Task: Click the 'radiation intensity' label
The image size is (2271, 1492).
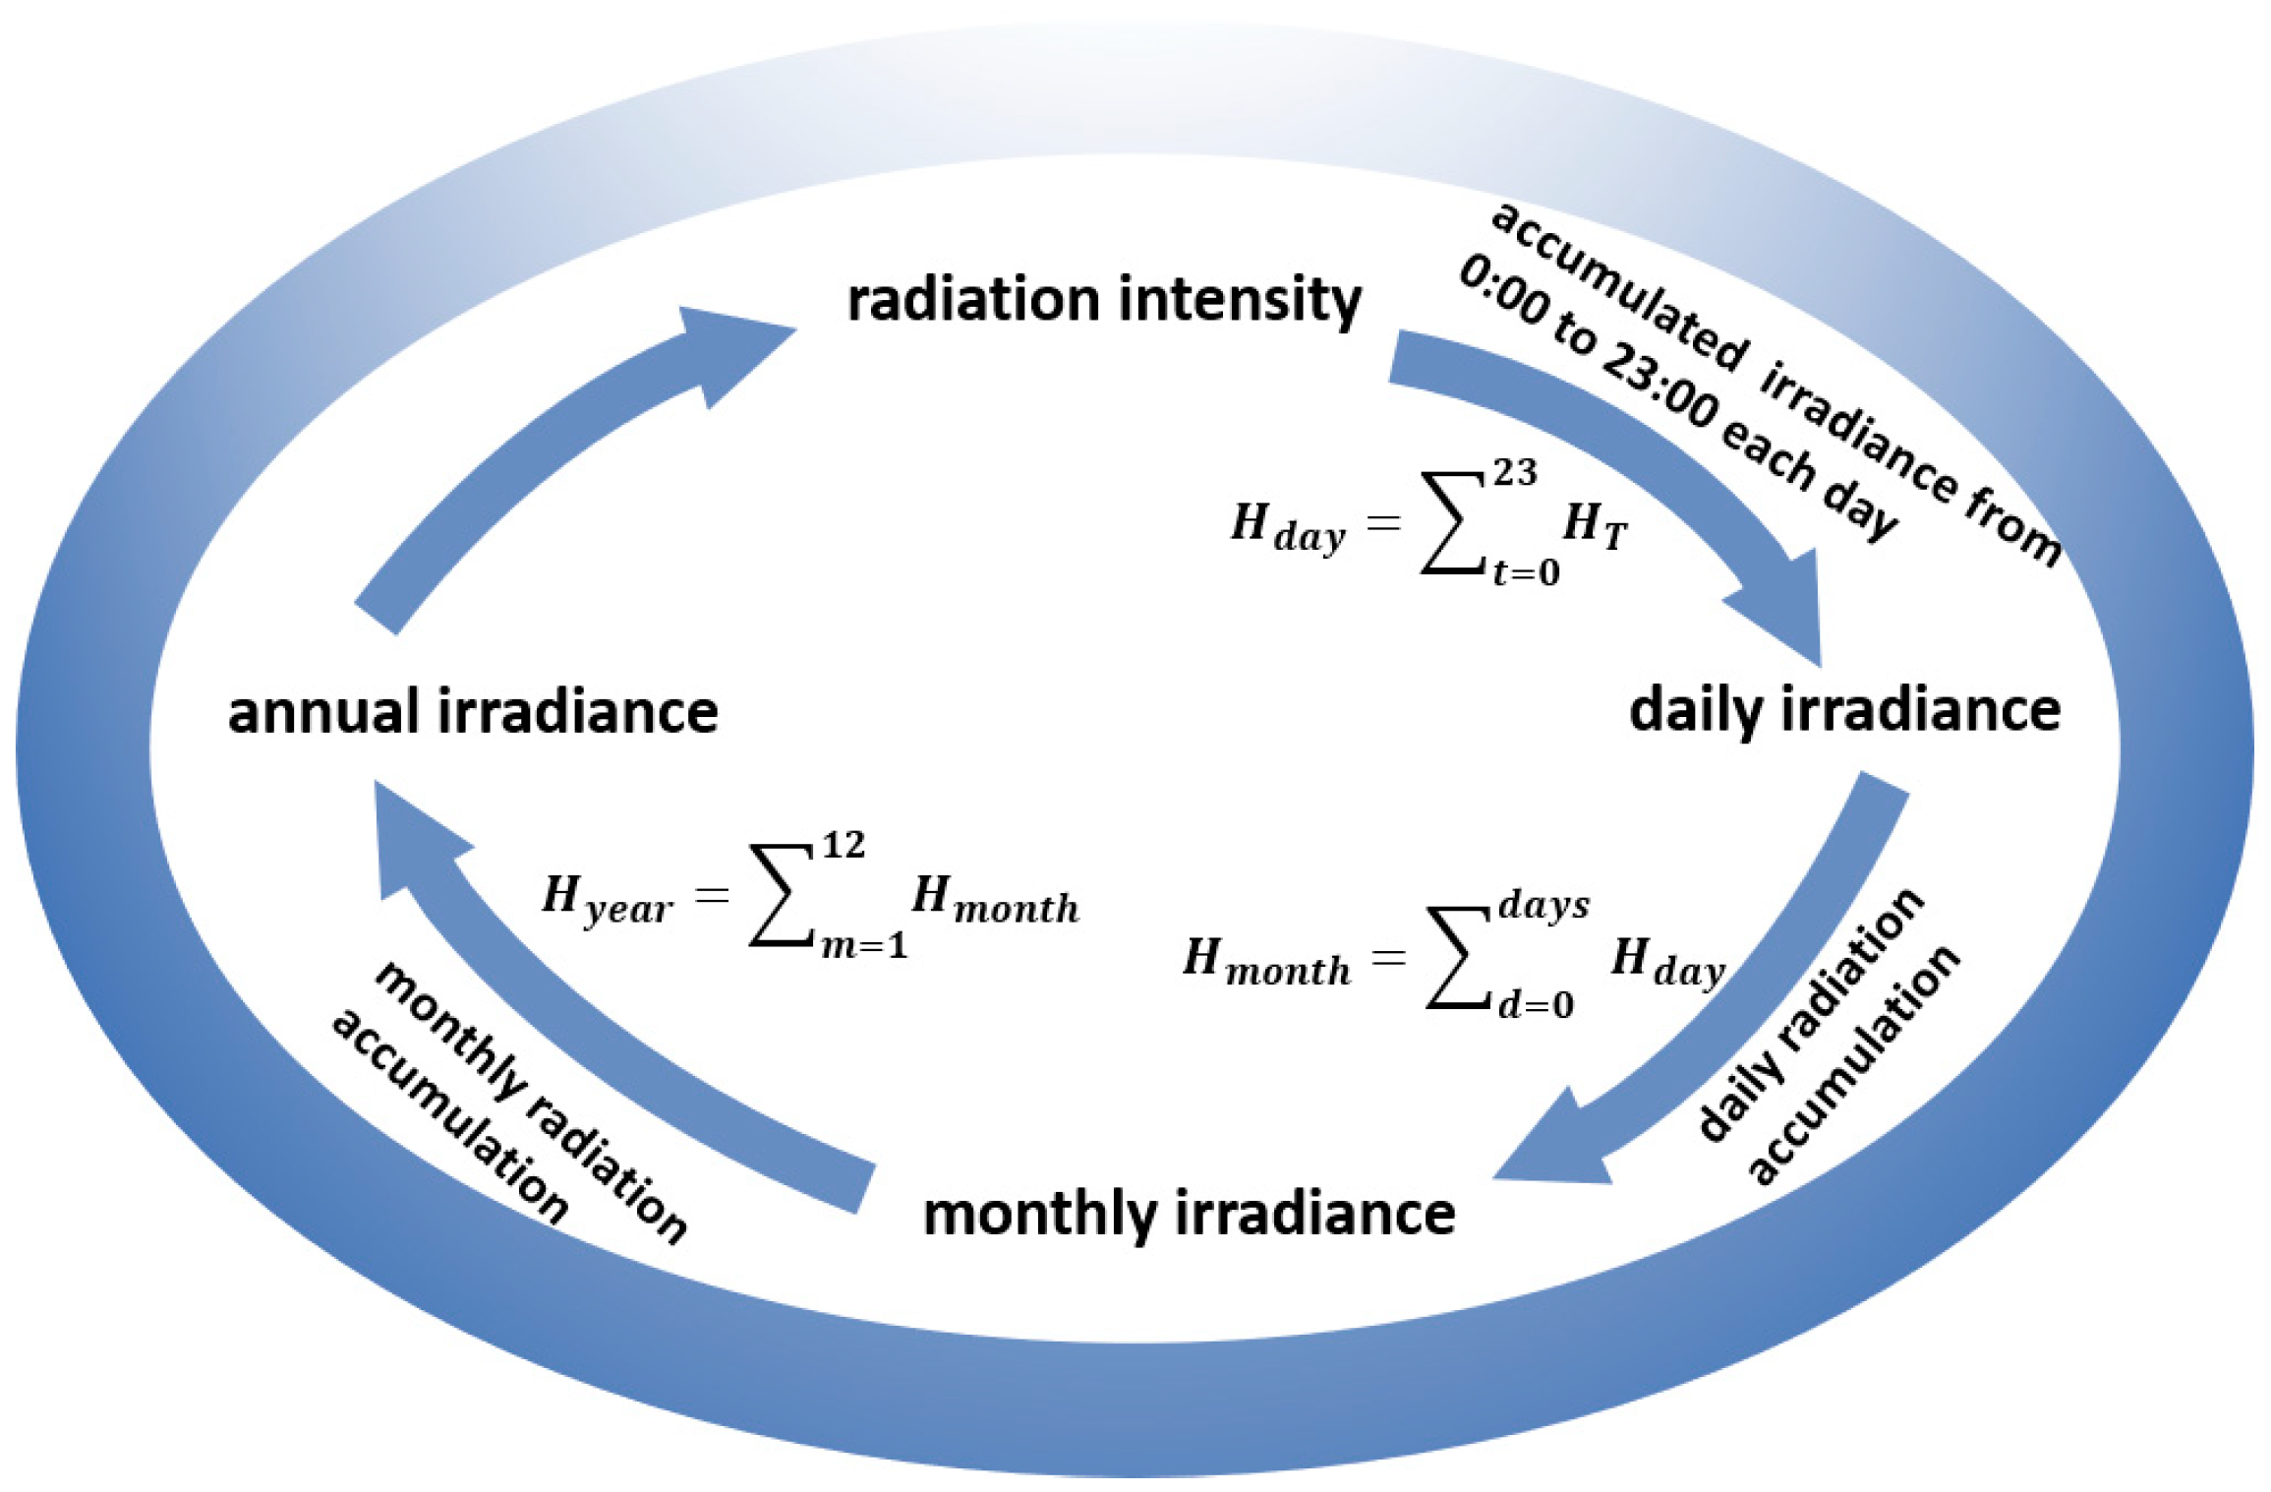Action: coord(1104,300)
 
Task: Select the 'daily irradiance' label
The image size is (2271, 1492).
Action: coord(1844,710)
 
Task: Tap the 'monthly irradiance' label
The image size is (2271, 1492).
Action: coord(1189,1214)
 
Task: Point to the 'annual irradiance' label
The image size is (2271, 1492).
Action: coord(473,711)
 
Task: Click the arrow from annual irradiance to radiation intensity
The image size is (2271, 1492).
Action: coord(551,443)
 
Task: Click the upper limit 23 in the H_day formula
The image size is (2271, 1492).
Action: coord(1515,474)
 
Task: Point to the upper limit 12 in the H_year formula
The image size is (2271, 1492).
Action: coord(844,846)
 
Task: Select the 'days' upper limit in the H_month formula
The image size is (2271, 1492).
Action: coord(1543,905)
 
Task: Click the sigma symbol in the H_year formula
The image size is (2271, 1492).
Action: coord(784,896)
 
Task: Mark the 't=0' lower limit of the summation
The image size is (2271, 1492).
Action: coord(1526,572)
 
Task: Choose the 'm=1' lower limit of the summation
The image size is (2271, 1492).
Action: coord(864,946)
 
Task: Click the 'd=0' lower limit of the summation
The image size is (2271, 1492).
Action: coord(1535,1005)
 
